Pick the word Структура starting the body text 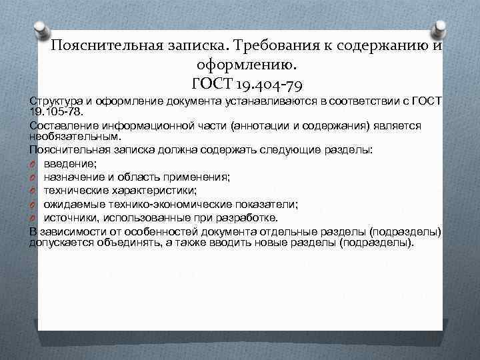coord(54,100)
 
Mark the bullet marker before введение coord(33,164)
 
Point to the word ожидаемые coord(71,204)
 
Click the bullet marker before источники coord(33,217)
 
